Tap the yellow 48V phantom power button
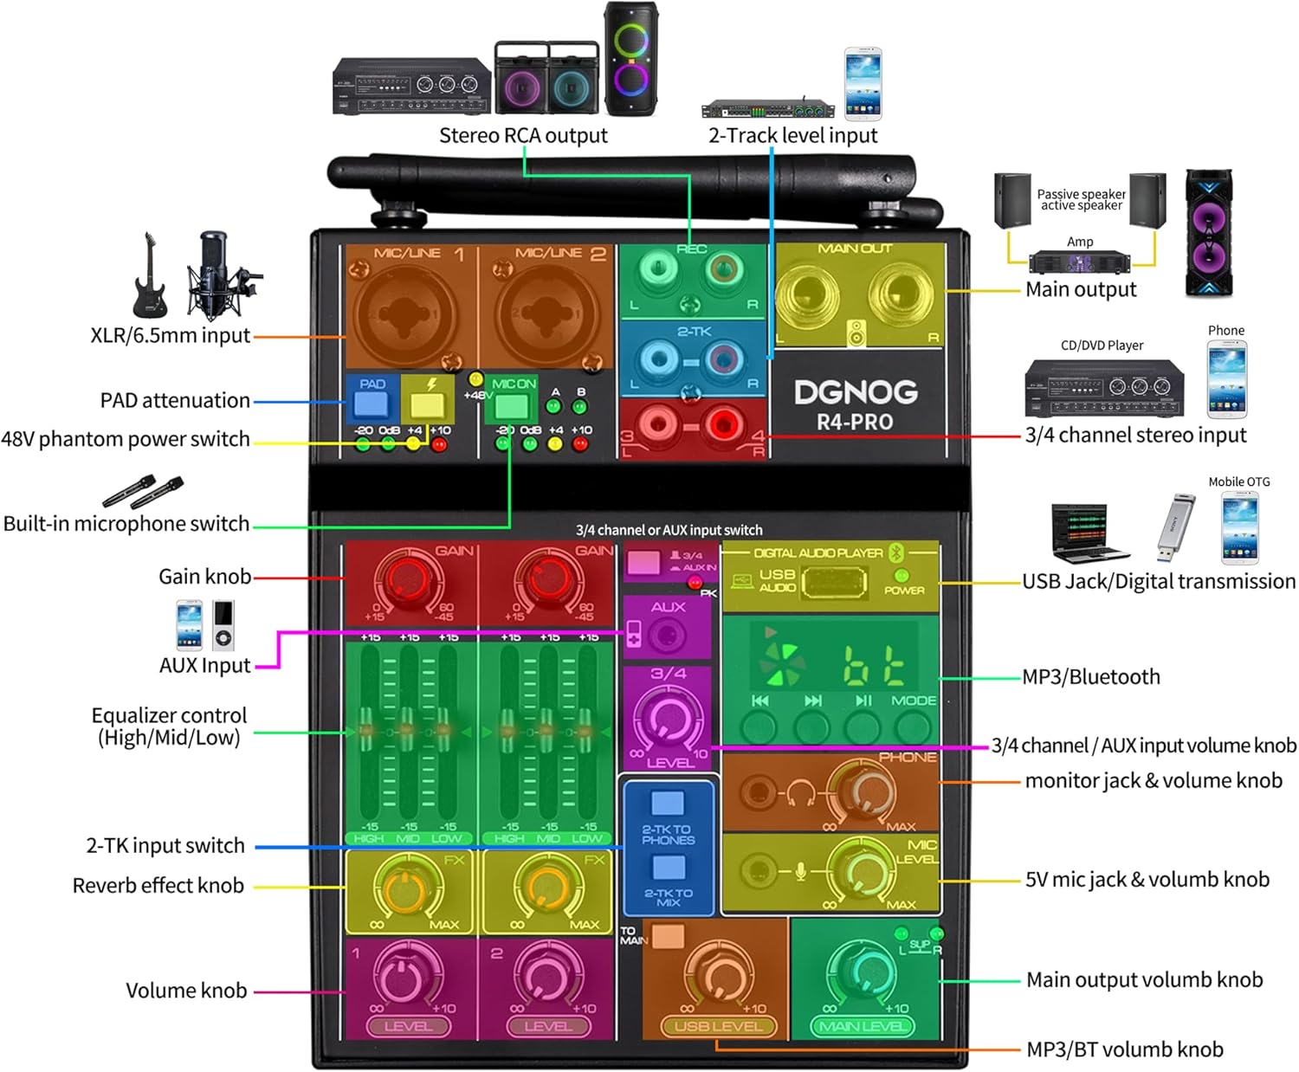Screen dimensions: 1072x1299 [x=427, y=404]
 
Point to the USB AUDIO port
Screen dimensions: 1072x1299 [x=834, y=583]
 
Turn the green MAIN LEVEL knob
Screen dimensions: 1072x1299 [x=863, y=970]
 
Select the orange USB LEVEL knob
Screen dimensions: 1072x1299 [x=718, y=974]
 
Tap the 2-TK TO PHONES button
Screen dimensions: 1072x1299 [x=668, y=803]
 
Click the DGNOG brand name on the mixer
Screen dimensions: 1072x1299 [x=856, y=392]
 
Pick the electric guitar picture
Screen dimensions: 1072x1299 [x=150, y=275]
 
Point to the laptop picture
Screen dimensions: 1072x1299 [x=1089, y=532]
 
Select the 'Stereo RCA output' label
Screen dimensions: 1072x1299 [x=523, y=136]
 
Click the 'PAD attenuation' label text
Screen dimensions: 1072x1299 [x=175, y=401]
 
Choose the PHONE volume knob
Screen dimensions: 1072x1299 [x=859, y=789]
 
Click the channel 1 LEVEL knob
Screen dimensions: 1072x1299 [x=402, y=974]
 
